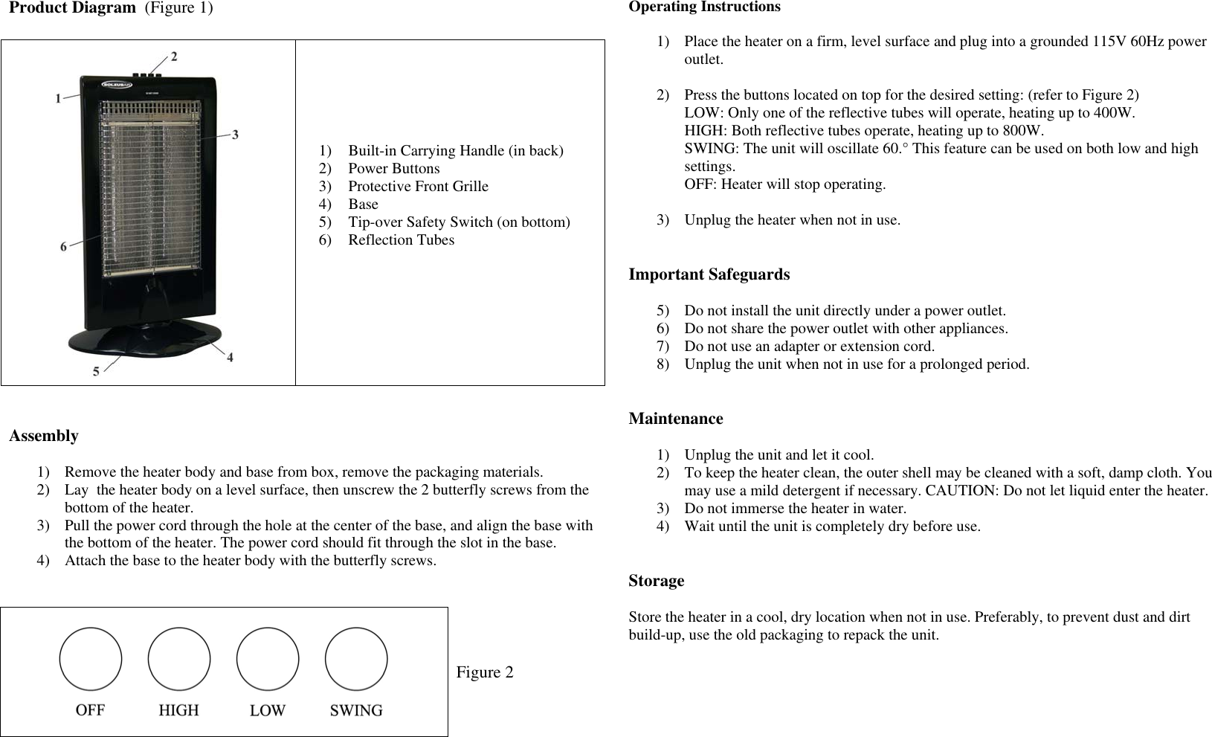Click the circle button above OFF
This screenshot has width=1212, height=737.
[91, 659]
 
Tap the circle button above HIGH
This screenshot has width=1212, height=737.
[179, 659]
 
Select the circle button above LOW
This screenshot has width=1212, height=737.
[268, 659]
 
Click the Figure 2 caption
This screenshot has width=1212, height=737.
[485, 672]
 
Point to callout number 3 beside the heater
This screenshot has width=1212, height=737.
[236, 135]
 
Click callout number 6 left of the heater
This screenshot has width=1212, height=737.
[64, 246]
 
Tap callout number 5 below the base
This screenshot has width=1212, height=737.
[97, 371]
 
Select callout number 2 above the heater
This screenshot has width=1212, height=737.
[174, 56]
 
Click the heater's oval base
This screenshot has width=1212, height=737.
[145, 338]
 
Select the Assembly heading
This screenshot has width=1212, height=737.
[44, 436]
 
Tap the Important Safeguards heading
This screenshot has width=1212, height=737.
[709, 274]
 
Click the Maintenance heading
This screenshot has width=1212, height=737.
[676, 419]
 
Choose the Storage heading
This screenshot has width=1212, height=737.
[657, 581]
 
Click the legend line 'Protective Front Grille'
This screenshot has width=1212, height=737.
[418, 187]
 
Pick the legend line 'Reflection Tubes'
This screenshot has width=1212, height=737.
[401, 240]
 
